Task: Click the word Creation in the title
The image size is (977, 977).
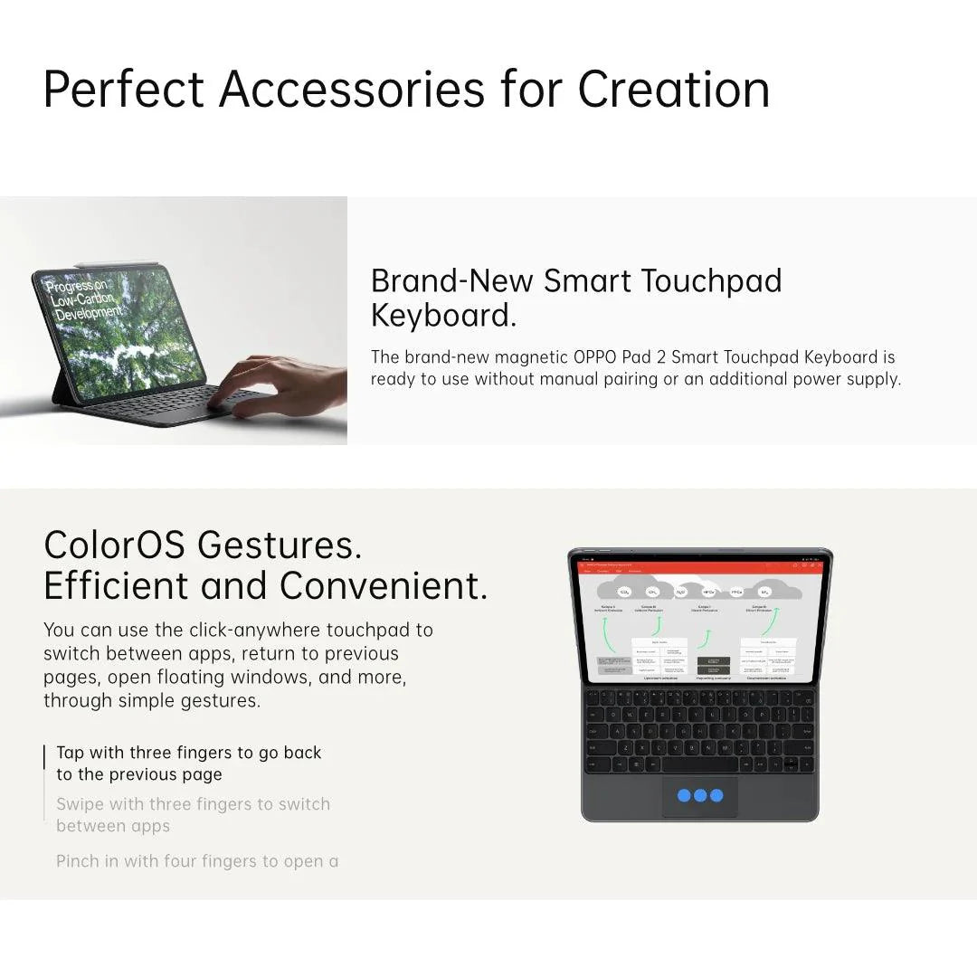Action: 674,89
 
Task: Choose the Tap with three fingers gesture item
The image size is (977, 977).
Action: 188,764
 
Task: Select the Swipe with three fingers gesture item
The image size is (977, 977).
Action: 193,814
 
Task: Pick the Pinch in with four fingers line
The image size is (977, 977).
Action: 197,861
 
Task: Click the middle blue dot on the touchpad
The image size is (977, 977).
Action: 700,796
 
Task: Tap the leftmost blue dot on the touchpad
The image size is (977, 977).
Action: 684,796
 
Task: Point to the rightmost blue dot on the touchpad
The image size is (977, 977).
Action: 716,796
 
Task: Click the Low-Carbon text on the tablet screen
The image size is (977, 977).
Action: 82,300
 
